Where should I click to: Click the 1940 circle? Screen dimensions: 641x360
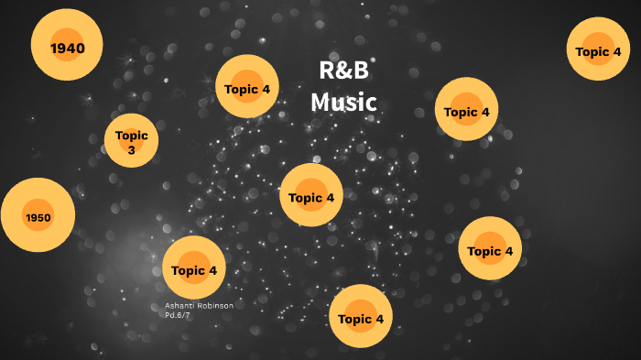coord(66,46)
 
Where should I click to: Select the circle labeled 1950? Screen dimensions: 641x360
coord(38,216)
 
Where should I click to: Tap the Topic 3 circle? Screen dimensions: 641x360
coord(132,141)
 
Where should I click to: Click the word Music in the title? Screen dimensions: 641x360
coord(343,102)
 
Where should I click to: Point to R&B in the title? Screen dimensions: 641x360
coord(343,71)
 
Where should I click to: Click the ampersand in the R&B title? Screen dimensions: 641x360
coord(343,71)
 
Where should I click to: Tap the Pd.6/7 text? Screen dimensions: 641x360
coord(178,314)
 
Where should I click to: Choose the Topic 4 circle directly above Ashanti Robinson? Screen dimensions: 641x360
coord(194,268)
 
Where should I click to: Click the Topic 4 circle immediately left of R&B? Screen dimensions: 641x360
coord(247,88)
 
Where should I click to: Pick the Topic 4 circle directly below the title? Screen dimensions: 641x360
coord(311,195)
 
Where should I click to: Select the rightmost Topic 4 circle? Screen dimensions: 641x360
coord(598,50)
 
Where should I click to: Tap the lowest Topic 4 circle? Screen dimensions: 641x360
coord(361,317)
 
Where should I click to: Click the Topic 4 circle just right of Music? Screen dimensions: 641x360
coord(467,110)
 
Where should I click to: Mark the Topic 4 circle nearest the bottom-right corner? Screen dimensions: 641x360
coord(490,249)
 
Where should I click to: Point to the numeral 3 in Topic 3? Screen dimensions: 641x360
coord(132,149)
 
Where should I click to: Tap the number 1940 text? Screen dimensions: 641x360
coord(66,47)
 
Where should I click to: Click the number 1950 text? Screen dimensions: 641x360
coord(38,217)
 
